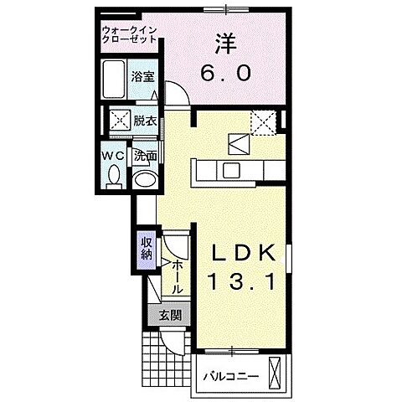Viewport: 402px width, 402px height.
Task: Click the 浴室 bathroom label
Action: pos(142,76)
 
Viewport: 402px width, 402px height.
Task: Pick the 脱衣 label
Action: pos(145,120)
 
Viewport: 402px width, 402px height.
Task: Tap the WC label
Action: pos(115,155)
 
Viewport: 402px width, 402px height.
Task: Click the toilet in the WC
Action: pos(116,176)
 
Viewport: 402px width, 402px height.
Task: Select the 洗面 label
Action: pos(144,155)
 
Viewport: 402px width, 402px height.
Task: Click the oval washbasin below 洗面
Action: pos(144,179)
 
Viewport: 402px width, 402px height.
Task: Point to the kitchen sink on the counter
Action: pos(229,171)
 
